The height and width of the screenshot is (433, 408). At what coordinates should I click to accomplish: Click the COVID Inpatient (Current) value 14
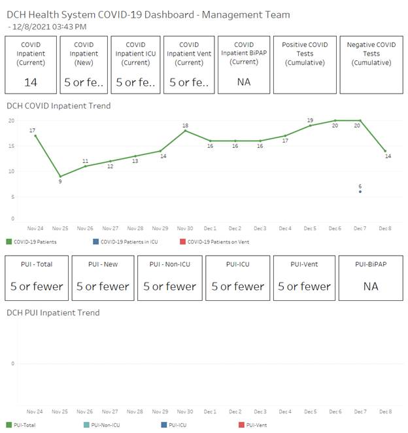point(31,82)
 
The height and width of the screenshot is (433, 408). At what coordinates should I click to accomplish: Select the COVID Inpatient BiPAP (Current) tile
point(243,65)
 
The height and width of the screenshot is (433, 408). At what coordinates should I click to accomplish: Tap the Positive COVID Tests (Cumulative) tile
point(304,65)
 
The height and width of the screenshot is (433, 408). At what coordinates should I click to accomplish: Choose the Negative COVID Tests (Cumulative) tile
point(371,65)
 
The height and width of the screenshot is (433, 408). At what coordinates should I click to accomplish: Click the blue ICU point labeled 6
point(360,191)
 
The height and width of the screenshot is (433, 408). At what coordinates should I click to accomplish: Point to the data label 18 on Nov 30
point(185,126)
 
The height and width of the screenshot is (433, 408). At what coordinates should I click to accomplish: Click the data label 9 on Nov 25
point(60,181)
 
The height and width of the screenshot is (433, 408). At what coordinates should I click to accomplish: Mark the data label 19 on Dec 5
point(309,120)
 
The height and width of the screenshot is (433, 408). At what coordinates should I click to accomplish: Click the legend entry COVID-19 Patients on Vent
point(218,242)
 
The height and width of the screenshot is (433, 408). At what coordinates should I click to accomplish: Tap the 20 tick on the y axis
point(11,121)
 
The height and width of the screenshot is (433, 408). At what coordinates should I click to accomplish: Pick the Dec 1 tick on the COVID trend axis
point(210,228)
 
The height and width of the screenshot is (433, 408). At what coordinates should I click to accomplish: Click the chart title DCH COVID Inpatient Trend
point(58,106)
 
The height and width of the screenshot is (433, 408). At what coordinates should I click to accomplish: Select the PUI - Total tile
point(37,278)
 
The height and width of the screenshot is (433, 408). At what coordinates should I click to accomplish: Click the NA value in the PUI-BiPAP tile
point(370,286)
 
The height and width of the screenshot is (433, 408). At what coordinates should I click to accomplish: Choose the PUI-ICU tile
point(237,278)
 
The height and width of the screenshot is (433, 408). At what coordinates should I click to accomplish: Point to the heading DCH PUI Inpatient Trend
point(53,313)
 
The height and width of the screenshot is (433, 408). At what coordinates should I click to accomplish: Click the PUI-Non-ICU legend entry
point(105,425)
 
